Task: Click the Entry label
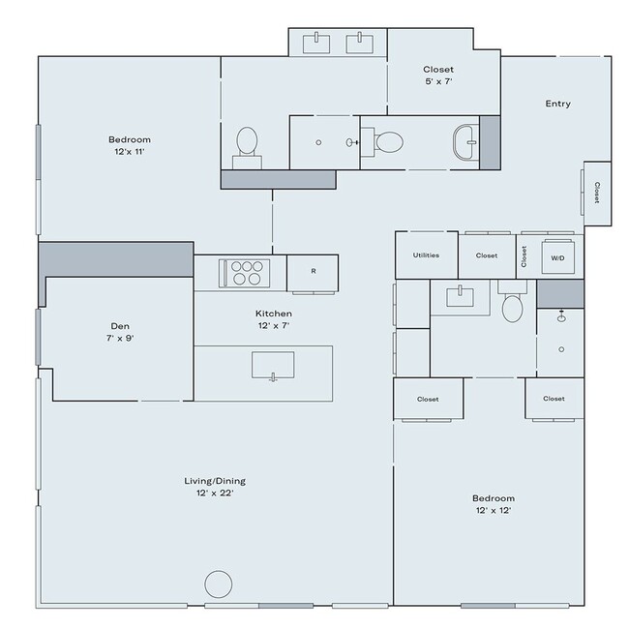tap(558, 104)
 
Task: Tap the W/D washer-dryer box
tap(557, 258)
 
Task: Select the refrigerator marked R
tap(313, 272)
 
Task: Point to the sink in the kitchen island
tap(274, 367)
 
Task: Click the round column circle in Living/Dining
tap(219, 584)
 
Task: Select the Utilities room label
tap(426, 256)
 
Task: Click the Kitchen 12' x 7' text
tap(274, 320)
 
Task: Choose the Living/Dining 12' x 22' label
tap(210, 487)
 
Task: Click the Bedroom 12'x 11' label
tap(130, 146)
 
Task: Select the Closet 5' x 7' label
tap(438, 76)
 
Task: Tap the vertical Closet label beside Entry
tap(596, 193)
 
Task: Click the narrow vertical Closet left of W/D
tap(524, 255)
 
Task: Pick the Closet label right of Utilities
tap(486, 256)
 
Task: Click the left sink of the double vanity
tap(318, 42)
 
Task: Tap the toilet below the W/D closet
tap(513, 306)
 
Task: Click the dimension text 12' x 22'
tap(210, 494)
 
